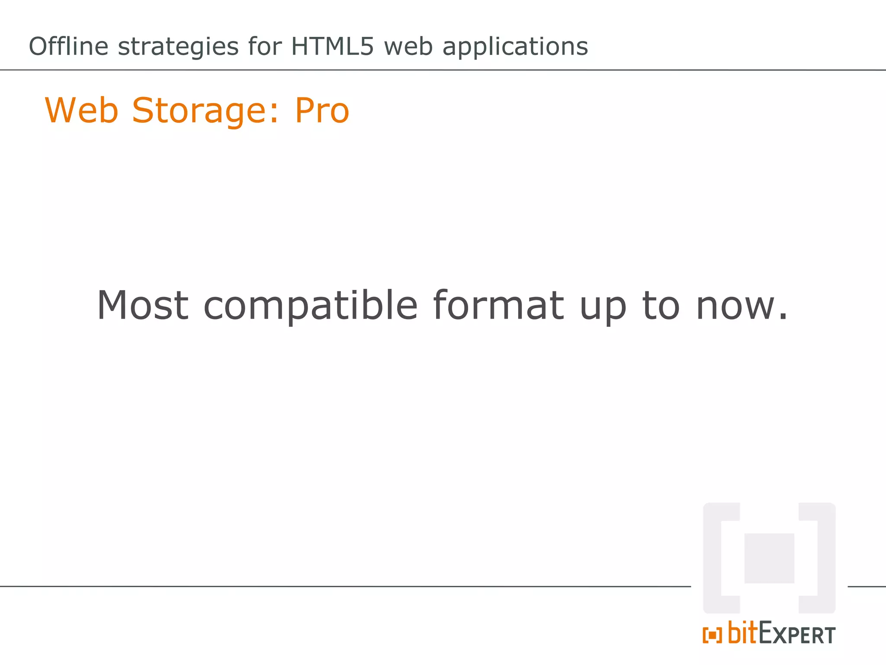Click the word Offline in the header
68,46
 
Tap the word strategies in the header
178,47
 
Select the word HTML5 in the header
332,46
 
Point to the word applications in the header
515,47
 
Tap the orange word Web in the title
81,110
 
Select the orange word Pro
322,110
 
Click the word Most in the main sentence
143,305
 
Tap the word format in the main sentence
498,305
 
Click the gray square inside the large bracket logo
769,558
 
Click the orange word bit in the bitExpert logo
743,633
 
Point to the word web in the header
408,46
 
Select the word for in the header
265,46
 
